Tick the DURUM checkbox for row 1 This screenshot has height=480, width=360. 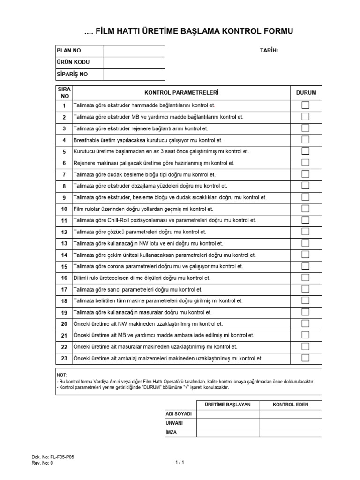click(x=305, y=105)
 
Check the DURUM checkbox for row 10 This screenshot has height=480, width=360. click(x=305, y=209)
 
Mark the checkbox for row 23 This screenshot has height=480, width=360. click(x=305, y=358)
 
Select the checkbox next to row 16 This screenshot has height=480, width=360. click(x=305, y=277)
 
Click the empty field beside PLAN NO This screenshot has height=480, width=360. click(x=134, y=51)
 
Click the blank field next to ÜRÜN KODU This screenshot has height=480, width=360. click(x=134, y=62)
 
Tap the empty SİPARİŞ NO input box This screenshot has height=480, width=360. click(x=134, y=74)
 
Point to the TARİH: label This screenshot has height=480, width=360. click(x=269, y=51)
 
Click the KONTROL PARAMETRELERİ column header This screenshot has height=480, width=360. click(x=183, y=93)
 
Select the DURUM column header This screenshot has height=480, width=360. click(x=306, y=93)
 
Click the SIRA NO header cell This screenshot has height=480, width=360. click(x=64, y=92)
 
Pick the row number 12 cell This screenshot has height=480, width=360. click(x=64, y=232)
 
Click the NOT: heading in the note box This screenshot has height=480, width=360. click(x=62, y=375)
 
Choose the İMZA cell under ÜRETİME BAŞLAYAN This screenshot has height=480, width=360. click(x=227, y=432)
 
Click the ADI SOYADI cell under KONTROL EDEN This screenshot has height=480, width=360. click(x=290, y=414)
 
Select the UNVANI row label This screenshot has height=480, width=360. click(x=174, y=423)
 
